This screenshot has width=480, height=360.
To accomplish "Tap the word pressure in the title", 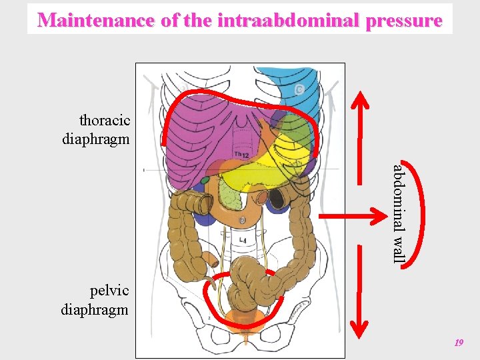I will [x=401, y=20].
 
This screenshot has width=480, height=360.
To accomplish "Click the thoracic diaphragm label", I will [x=97, y=130].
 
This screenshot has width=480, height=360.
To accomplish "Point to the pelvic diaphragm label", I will [x=95, y=300].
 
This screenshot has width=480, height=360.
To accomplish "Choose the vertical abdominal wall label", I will [x=397, y=213].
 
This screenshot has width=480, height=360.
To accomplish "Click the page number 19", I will [x=458, y=343].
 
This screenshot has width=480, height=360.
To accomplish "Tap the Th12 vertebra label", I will [x=241, y=155].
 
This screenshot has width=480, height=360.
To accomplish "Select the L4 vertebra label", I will [x=243, y=238].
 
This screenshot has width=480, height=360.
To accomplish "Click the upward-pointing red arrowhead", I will [x=361, y=100].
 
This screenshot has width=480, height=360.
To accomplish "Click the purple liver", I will [x=193, y=147].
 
